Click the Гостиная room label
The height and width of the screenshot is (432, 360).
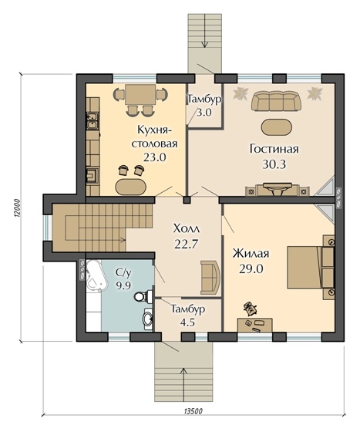pyautogui.click(x=274, y=149)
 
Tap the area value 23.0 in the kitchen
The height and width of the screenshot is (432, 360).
pyautogui.click(x=155, y=157)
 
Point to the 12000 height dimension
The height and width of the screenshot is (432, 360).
pyautogui.click(x=16, y=208)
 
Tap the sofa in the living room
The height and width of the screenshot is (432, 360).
pyautogui.click(x=276, y=101)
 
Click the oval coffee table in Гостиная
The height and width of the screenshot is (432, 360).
pyautogui.click(x=276, y=127)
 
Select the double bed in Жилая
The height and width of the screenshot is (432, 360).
pyautogui.click(x=311, y=267)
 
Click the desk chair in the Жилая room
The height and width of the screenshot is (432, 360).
pyautogui.click(x=251, y=308)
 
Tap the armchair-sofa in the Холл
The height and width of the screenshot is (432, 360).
pyautogui.click(x=210, y=277)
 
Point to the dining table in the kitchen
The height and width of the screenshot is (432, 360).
pyautogui.click(x=140, y=94)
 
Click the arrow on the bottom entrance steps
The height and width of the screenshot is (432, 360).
pyautogui.click(x=183, y=380)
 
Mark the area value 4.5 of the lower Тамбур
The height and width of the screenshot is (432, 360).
pyautogui.click(x=187, y=322)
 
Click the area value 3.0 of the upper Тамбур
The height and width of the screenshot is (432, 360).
pyautogui.click(x=204, y=113)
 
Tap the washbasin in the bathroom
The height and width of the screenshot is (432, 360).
pyautogui.click(x=148, y=319)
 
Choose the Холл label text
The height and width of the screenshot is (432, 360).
pyautogui.click(x=187, y=228)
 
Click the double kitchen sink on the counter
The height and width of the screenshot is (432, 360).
pyautogui.click(x=92, y=121)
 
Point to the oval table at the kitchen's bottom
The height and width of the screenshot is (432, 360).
pyautogui.click(x=132, y=187)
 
